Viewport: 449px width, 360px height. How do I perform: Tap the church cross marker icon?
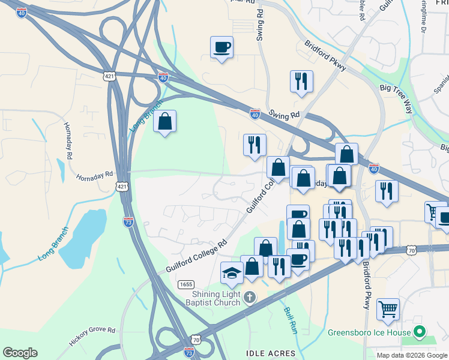[250, 297]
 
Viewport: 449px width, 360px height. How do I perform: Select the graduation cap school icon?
[232, 274]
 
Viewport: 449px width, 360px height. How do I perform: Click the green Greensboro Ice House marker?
[421, 332]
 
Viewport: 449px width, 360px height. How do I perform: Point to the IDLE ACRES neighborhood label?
[271, 353]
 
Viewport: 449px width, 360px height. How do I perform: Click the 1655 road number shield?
[185, 283]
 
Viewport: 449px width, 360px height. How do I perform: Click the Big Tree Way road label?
[396, 98]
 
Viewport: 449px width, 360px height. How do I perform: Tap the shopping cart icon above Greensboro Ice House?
[388, 310]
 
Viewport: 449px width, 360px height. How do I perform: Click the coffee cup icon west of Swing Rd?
[221, 47]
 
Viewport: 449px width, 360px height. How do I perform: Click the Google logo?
[20, 353]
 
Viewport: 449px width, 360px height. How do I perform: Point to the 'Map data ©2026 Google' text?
[412, 355]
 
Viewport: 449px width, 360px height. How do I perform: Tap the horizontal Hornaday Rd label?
[94, 176]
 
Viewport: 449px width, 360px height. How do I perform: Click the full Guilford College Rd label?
[196, 257]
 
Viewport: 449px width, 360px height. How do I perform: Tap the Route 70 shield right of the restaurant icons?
[411, 249]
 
